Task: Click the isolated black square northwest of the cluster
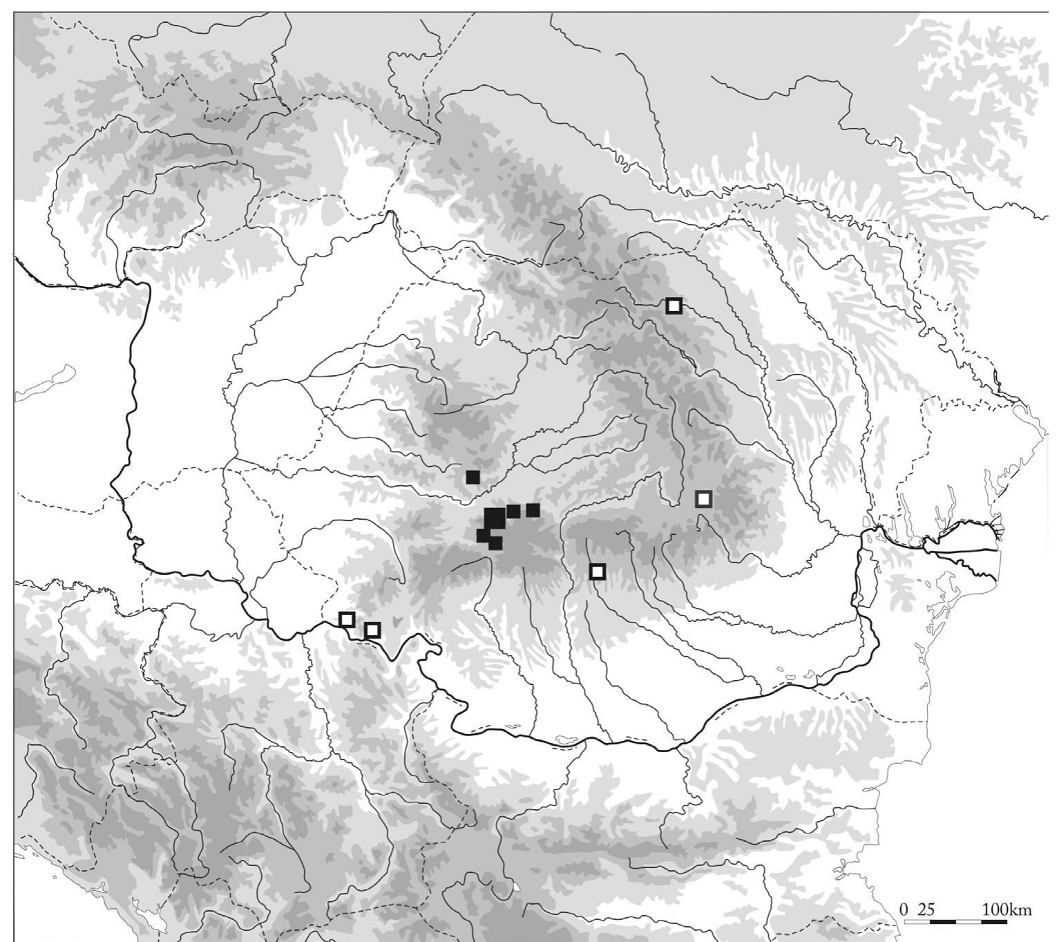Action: click(473, 477)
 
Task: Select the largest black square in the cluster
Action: click(495, 518)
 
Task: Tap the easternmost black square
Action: click(533, 510)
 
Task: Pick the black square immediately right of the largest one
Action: click(513, 511)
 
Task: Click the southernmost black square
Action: click(495, 543)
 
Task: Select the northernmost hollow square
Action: click(674, 305)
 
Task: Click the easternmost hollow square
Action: click(703, 498)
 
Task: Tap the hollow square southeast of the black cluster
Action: click(598, 572)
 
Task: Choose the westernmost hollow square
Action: click(347, 619)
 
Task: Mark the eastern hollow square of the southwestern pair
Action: click(372, 630)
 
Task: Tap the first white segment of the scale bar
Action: click(917, 922)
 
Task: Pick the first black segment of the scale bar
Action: click(942, 922)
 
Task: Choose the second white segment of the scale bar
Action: click(968, 922)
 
